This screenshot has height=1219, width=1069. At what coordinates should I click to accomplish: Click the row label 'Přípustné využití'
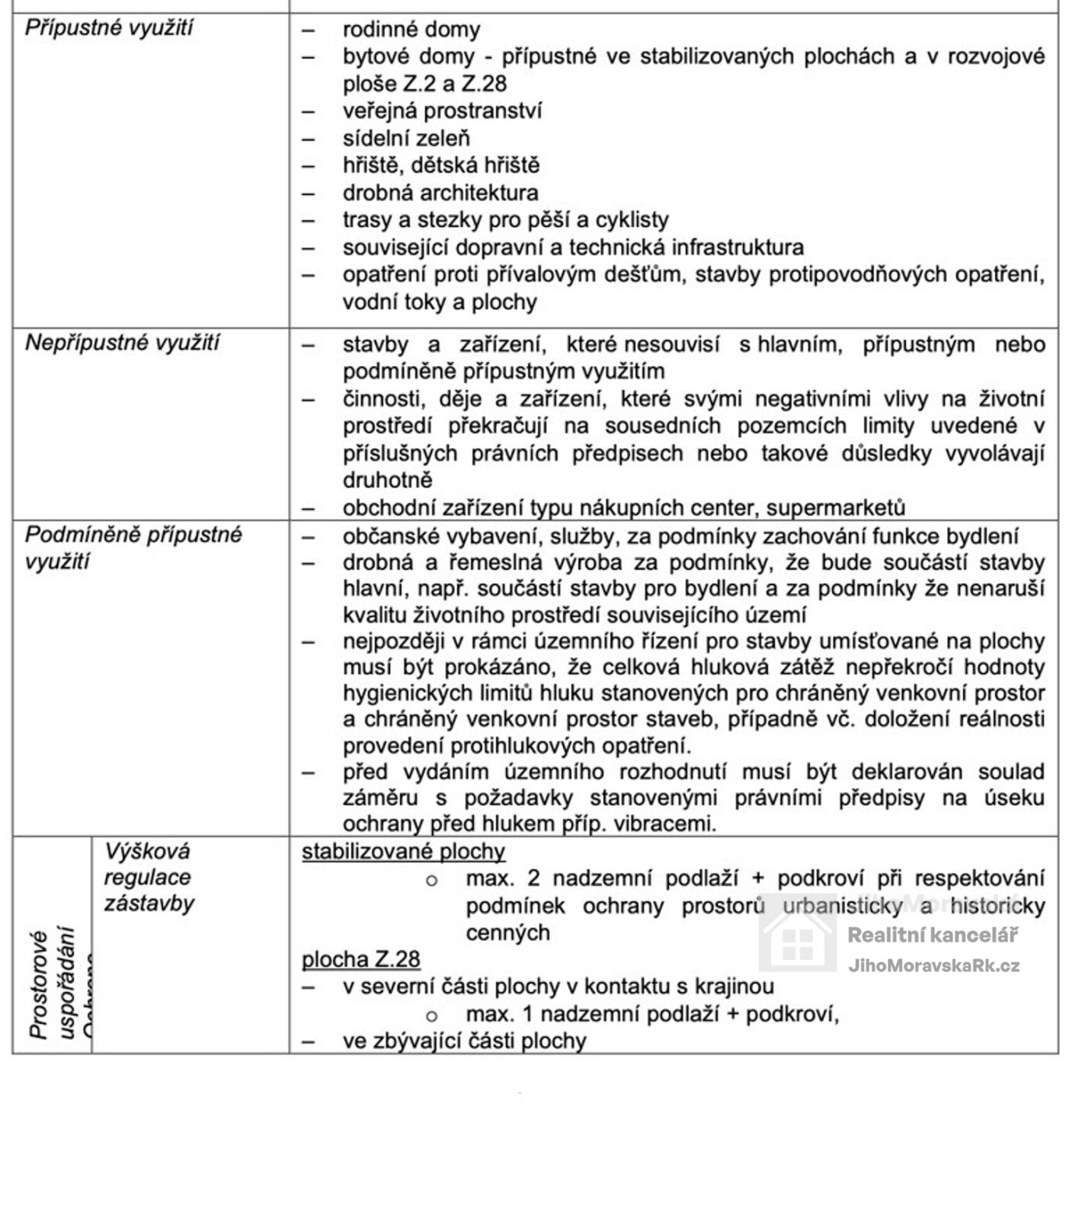coord(109,29)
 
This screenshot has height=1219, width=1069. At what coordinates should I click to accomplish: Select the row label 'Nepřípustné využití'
coord(122,343)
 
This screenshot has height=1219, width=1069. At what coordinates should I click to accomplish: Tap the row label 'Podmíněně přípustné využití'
coord(133,548)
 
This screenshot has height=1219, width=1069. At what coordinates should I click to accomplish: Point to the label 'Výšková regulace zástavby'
coord(149,877)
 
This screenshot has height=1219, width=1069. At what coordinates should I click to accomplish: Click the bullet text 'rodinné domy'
coord(411,30)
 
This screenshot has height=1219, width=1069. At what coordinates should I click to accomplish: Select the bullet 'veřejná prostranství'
coord(442,111)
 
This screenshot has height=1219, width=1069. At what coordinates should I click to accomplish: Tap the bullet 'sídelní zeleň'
coord(406,139)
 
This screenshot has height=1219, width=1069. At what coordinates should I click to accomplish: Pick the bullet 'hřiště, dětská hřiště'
coord(440,165)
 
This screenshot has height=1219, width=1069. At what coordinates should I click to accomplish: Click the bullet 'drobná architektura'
coord(440,193)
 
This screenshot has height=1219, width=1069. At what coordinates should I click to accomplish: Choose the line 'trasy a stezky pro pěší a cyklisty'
coord(505,220)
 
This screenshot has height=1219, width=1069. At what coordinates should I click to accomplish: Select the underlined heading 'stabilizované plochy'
coord(403,852)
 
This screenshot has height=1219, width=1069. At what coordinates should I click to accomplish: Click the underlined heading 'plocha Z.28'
coord(360,959)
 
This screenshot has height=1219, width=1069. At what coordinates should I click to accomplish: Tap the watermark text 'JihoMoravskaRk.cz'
coord(933,966)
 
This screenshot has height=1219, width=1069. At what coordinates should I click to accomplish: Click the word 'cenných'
coord(507,933)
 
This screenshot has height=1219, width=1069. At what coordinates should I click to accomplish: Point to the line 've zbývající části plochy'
coord(464,1041)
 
